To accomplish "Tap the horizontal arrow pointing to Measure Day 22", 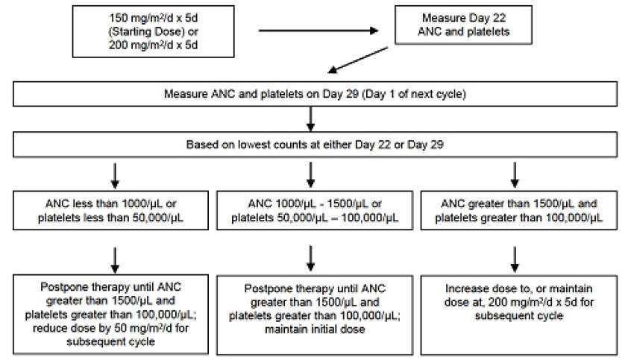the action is pyautogui.click(x=318, y=31).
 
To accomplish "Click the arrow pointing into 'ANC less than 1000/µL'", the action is pyautogui.click(x=115, y=175).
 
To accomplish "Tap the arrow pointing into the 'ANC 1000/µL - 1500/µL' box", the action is pyautogui.click(x=310, y=175).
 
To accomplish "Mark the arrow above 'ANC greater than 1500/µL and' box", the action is pyautogui.click(x=515, y=175).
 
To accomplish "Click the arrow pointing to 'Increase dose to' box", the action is pyautogui.click(x=515, y=259).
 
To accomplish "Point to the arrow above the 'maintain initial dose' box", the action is pyautogui.click(x=310, y=259).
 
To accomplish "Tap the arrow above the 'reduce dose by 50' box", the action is pyautogui.click(x=115, y=260).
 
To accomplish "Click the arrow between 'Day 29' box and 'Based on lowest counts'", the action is pyautogui.click(x=310, y=119).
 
